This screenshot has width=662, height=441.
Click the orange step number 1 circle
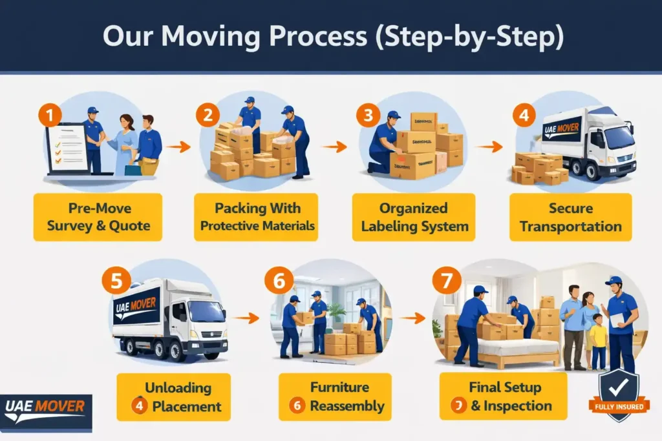point(50,115)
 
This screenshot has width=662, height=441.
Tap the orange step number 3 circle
point(367,115)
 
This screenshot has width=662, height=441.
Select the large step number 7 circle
point(447,282)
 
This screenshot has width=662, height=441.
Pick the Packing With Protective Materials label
point(257,217)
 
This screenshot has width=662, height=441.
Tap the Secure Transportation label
point(570,217)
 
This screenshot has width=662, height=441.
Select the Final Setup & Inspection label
point(503,397)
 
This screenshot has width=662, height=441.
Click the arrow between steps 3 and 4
point(491,147)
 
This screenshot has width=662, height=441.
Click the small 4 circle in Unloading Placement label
point(138,406)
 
